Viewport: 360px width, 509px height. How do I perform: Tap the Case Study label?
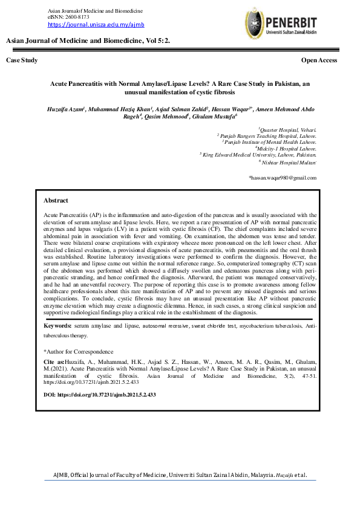click(22, 60)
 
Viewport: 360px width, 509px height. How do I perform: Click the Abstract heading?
click(56, 200)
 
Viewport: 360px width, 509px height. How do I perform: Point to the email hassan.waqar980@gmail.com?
click(283, 178)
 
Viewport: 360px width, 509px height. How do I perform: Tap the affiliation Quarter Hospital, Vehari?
click(288, 130)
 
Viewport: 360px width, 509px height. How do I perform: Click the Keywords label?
click(58, 326)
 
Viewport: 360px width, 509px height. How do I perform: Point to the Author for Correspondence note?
click(78, 351)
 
